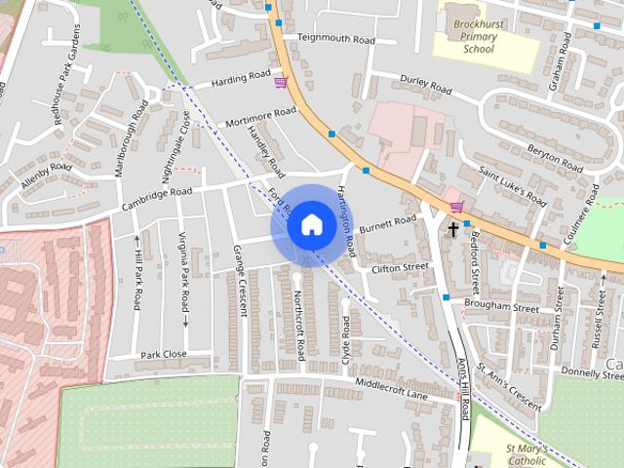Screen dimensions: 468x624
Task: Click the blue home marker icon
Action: coord(311,224)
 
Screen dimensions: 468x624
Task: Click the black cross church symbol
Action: coord(453,230)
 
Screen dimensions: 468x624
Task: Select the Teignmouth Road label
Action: coord(335,40)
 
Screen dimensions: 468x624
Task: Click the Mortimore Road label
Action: coord(259,118)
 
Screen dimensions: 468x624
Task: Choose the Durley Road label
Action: coord(427,84)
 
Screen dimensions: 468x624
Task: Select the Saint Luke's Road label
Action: coord(513,184)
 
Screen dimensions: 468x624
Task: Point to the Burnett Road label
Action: coord(387,224)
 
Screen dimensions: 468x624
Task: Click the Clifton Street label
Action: coord(400,266)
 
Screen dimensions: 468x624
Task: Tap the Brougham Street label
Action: coord(502,306)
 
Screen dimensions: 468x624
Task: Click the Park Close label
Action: coord(163,354)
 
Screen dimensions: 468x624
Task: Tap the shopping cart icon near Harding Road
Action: coord(281,83)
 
